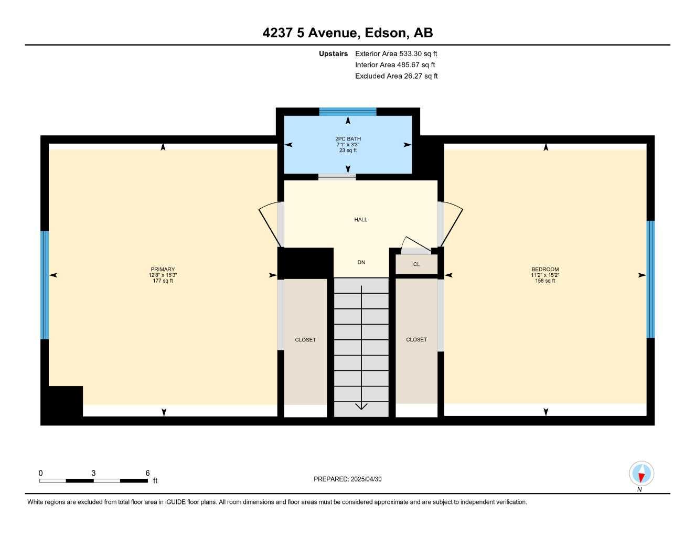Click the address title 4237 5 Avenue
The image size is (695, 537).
click(347, 33)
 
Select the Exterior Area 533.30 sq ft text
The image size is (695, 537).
click(395, 53)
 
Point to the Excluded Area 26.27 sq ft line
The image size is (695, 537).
click(396, 76)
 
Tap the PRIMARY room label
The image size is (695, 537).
click(163, 270)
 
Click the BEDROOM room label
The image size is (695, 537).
click(545, 270)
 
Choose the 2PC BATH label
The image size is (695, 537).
click(348, 139)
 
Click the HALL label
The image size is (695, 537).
click(361, 220)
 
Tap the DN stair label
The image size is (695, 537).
click(361, 262)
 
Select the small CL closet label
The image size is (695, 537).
click(416, 264)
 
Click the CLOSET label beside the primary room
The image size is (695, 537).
click(305, 340)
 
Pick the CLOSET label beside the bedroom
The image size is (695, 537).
click(416, 340)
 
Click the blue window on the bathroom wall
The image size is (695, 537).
click(348, 111)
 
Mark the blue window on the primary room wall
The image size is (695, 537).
click(45, 285)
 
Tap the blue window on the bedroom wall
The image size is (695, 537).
click(650, 279)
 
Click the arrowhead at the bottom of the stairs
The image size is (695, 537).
click(361, 406)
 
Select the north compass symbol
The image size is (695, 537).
click(641, 474)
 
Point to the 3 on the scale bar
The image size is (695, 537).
click(93, 473)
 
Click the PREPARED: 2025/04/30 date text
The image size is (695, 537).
click(347, 479)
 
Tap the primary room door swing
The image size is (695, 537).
click(270, 224)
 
